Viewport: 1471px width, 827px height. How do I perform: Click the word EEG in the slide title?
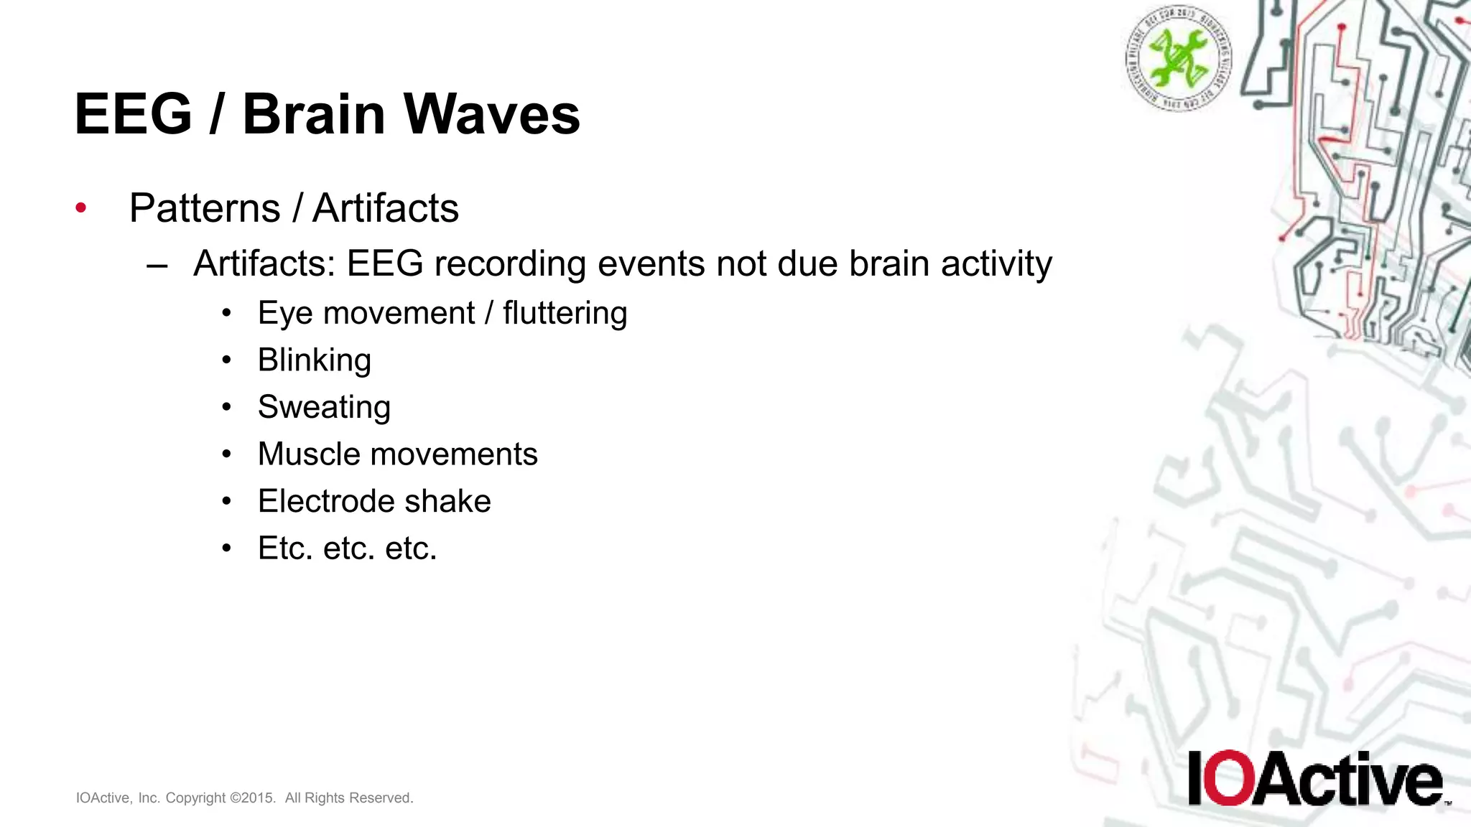pyautogui.click(x=134, y=114)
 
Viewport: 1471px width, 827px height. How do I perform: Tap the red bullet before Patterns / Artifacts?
pyautogui.click(x=81, y=208)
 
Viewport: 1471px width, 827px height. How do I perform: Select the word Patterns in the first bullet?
pyautogui.click(x=205, y=208)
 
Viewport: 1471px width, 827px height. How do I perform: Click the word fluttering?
pyautogui.click(x=565, y=314)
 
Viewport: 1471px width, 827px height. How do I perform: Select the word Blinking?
pyautogui.click(x=314, y=360)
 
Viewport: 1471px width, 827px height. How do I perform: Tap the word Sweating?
pyautogui.click(x=324, y=407)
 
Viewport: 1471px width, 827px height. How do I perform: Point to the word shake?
pyautogui.click(x=456, y=501)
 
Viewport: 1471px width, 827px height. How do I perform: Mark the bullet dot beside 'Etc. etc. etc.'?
pyautogui.click(x=227, y=548)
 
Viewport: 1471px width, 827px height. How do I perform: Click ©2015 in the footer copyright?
pyautogui.click(x=252, y=798)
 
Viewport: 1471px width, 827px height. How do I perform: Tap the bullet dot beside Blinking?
pyautogui.click(x=227, y=360)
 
